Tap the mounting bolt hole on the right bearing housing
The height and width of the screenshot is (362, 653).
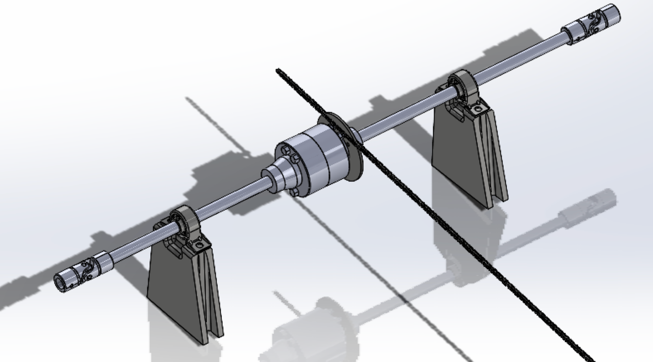480,109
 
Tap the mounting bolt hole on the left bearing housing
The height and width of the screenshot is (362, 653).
199,246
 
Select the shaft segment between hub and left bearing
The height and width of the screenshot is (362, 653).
231,199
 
